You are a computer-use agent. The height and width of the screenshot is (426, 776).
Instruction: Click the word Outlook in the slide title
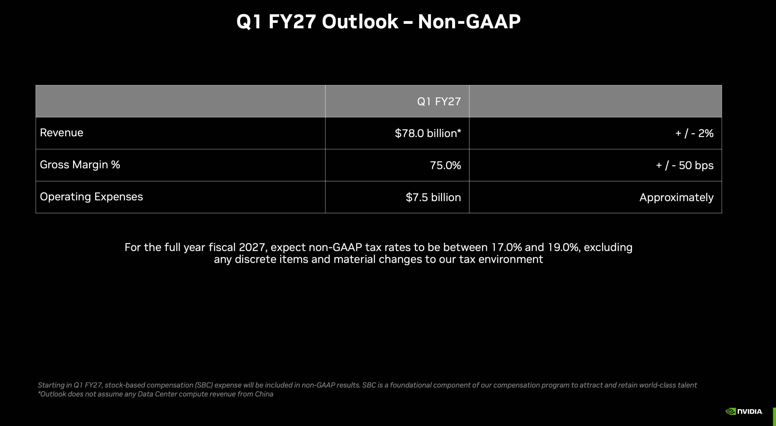[x=360, y=22]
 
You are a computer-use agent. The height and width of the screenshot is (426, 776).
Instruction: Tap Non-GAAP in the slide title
[x=469, y=22]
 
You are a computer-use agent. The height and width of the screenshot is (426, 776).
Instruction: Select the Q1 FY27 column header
[x=439, y=101]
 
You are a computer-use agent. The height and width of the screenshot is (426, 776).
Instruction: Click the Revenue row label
[x=61, y=133]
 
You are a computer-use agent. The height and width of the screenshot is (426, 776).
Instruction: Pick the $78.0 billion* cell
[x=428, y=133]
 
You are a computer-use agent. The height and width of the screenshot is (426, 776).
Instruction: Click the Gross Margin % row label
[x=80, y=165]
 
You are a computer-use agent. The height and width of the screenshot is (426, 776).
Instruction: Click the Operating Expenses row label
[x=91, y=197]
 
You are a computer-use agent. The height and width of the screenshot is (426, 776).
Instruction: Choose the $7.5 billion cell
[x=433, y=197]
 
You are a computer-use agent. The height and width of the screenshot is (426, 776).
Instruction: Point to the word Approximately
[x=676, y=197]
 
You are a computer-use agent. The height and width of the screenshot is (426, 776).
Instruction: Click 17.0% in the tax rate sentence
[x=506, y=247]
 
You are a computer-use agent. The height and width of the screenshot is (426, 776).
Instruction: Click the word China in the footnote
[x=264, y=394]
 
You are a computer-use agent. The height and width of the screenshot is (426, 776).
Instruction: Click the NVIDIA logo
[x=744, y=411]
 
